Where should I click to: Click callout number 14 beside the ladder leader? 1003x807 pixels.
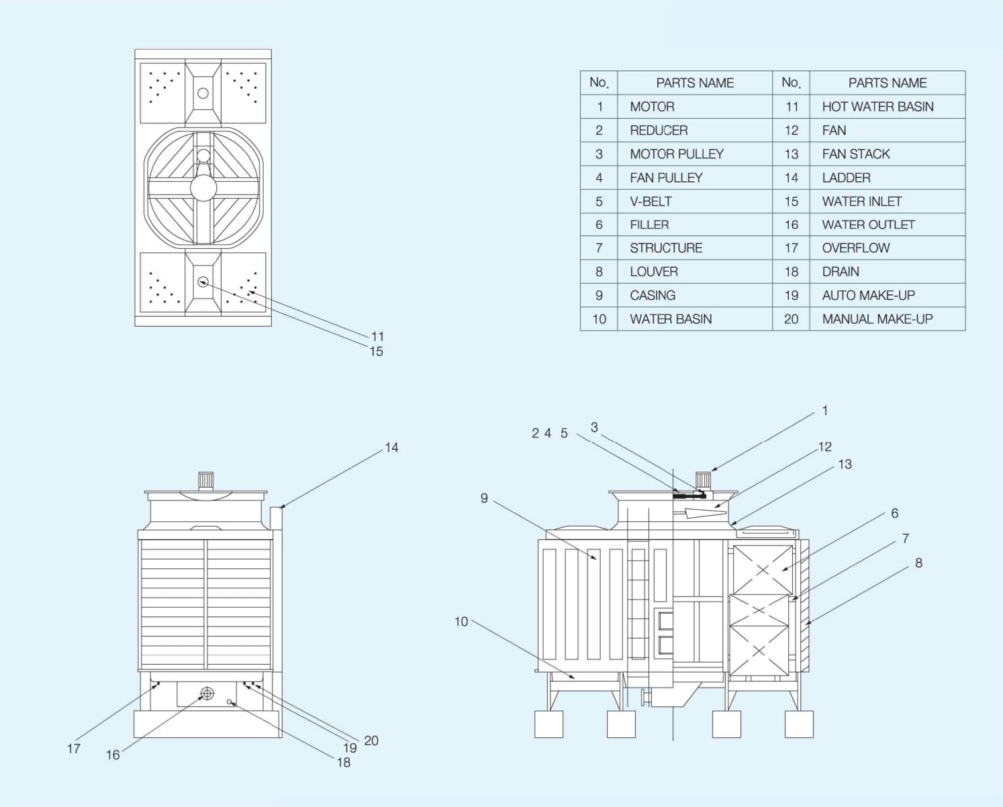pyautogui.click(x=391, y=447)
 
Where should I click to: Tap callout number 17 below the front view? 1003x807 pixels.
pyautogui.click(x=74, y=749)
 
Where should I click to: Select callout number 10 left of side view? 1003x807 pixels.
pyautogui.click(x=461, y=622)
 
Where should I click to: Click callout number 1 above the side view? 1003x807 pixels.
pyautogui.click(x=825, y=411)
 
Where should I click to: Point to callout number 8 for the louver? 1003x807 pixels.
pyautogui.click(x=918, y=563)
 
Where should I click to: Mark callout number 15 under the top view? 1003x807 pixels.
pyautogui.click(x=376, y=352)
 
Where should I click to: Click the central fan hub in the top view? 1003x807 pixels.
pyautogui.click(x=203, y=189)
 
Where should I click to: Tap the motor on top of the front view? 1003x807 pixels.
pyautogui.click(x=205, y=480)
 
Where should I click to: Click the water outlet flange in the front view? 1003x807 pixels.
pyautogui.click(x=207, y=694)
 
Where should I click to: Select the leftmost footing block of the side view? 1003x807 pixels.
pyautogui.click(x=548, y=724)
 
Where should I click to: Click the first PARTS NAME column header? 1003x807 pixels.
pyautogui.click(x=695, y=83)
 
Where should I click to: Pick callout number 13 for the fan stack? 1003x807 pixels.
pyautogui.click(x=845, y=464)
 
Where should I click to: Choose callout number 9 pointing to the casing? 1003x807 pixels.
pyautogui.click(x=484, y=498)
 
